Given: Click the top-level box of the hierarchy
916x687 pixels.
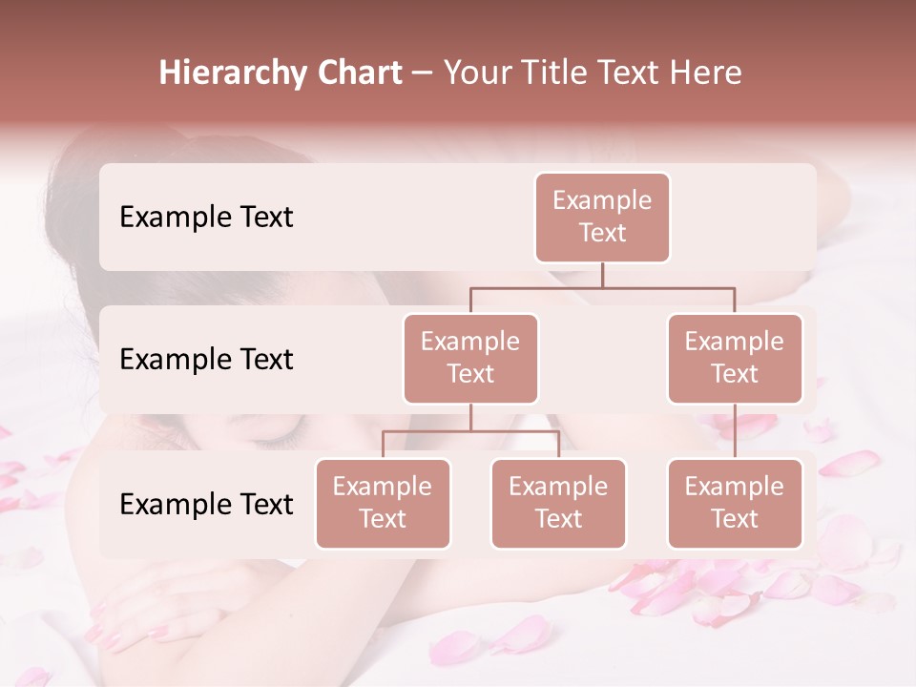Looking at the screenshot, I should click(x=602, y=217).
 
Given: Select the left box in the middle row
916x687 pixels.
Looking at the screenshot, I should click(x=470, y=358).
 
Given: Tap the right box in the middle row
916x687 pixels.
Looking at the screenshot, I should click(x=735, y=358).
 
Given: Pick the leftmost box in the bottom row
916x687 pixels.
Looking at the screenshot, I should click(x=383, y=503).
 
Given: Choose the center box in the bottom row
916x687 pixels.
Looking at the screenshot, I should click(x=558, y=503).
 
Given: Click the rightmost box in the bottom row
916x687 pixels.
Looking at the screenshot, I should click(x=735, y=503).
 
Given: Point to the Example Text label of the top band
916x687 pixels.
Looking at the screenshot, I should click(x=206, y=217).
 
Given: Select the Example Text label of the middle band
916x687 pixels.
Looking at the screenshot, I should click(x=206, y=359).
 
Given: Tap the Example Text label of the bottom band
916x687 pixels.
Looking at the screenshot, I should click(x=206, y=504).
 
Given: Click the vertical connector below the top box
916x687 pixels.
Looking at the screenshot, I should click(x=602, y=275).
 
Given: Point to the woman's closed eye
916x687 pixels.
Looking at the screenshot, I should click(x=276, y=440).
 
